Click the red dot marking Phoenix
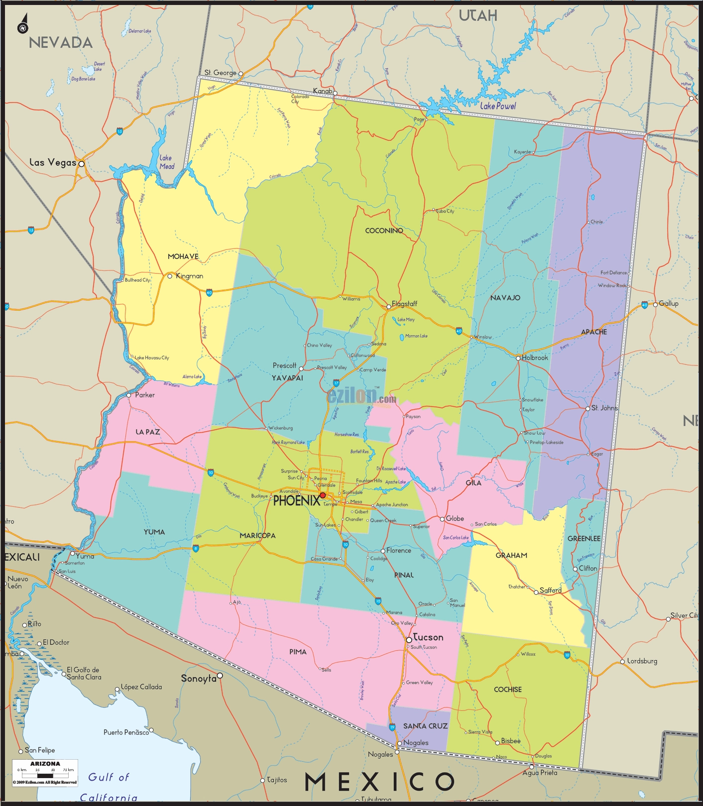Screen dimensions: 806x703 click(323, 495)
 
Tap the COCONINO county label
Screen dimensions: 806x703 click(384, 230)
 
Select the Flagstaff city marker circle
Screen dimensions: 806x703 click(389, 307)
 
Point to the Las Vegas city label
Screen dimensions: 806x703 click(53, 162)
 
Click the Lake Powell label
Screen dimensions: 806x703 click(498, 106)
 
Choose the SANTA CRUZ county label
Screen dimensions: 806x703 click(425, 726)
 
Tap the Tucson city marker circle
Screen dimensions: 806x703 click(409, 640)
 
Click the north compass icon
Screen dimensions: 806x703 click(23, 25)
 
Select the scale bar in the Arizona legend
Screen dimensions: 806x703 click(45, 775)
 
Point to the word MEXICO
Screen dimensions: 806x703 click(379, 782)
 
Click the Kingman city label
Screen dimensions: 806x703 click(189, 276)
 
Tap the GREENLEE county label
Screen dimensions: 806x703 click(584, 539)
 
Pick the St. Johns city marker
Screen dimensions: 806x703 click(588, 408)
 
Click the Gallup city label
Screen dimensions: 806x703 click(669, 303)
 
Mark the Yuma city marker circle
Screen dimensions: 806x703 click(72, 554)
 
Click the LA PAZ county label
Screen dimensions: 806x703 click(148, 432)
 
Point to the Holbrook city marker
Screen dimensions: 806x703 click(518, 358)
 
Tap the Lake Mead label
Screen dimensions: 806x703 click(167, 162)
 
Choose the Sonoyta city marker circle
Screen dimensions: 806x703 click(220, 676)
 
